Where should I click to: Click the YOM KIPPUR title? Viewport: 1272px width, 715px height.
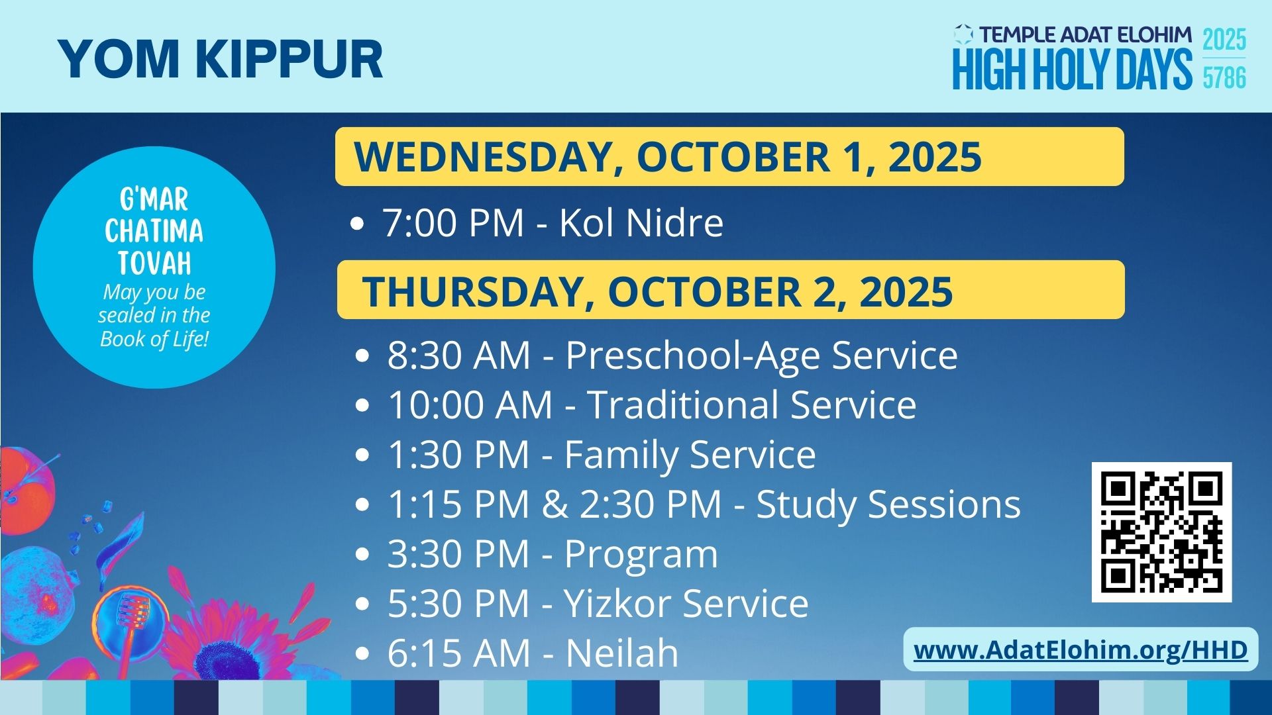pos(221,59)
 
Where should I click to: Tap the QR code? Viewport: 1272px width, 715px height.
pos(1161,532)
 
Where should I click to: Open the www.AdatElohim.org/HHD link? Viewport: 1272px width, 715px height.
pos(1081,649)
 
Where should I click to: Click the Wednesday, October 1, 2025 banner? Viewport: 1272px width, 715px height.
pos(729,156)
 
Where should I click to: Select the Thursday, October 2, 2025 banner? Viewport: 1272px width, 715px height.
pos(731,290)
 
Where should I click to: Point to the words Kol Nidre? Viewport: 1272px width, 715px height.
pos(641,222)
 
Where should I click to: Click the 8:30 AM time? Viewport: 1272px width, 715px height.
pos(458,355)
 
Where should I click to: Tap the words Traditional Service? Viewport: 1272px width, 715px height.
pos(752,405)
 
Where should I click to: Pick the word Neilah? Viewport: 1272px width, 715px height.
pos(622,653)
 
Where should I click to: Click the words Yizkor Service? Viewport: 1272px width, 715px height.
pos(686,603)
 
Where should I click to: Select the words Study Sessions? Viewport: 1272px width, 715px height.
pos(888,504)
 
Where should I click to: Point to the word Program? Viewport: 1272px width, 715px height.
pos(641,555)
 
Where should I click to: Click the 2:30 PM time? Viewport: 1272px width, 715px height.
pos(651,504)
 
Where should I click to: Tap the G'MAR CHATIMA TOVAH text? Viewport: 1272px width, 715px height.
pos(154,232)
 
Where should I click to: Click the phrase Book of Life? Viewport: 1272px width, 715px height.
pos(154,339)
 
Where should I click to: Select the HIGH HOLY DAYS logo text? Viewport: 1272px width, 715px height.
pos(1072,69)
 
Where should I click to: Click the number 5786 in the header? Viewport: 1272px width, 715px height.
pos(1224,78)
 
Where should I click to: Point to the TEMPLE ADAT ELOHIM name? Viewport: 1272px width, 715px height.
pos(1085,34)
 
